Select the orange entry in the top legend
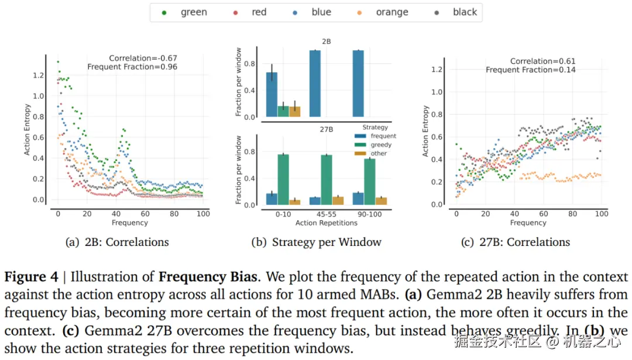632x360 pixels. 384,12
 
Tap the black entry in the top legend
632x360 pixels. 457,12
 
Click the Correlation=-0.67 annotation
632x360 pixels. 143,58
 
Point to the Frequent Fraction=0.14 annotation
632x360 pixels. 530,70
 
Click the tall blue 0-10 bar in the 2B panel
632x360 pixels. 272,94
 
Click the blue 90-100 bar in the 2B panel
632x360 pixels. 358,84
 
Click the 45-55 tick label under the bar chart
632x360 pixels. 327,214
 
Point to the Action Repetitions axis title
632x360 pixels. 327,223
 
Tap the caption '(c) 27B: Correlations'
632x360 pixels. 515,242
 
